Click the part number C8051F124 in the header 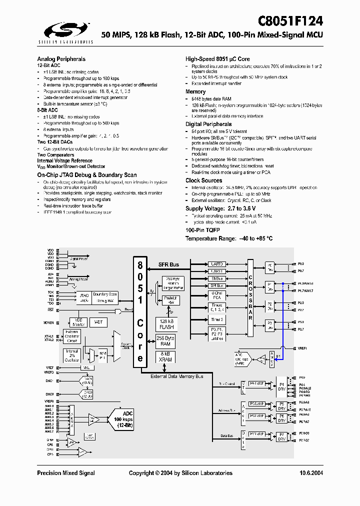click(290, 21)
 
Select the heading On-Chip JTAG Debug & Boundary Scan click(87, 175)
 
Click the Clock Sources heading click(203, 180)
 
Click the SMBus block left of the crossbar click(217, 278)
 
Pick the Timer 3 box click(217, 319)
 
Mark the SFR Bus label click(168, 264)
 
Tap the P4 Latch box click(256, 383)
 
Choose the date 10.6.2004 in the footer click(311, 473)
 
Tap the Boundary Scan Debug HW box click(105, 297)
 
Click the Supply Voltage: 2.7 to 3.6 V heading click(220, 208)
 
